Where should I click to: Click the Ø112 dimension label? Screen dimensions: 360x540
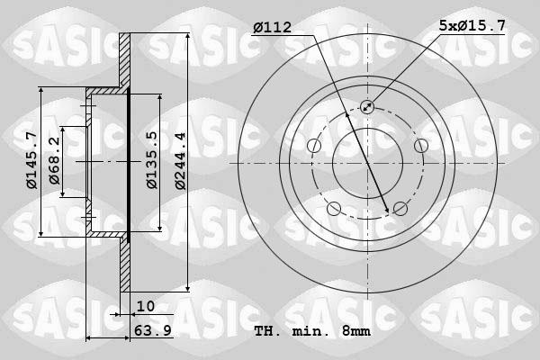point(272,29)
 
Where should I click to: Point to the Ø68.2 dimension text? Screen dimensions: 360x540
point(55,160)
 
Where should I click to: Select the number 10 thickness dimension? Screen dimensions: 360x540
point(145,306)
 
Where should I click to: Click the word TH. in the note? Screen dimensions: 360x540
point(267,331)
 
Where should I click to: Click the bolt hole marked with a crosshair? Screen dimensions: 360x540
point(367,107)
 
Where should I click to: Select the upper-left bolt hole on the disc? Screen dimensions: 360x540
point(313,147)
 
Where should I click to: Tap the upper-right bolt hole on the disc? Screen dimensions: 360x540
point(420,146)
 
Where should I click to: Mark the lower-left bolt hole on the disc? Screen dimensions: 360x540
point(334,210)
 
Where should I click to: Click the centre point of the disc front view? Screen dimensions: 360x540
point(367,163)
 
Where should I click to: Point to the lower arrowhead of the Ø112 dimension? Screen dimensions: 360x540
point(388,211)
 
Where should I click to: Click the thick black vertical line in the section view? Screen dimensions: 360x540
point(130,163)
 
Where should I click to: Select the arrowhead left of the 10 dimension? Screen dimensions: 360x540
point(118,314)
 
